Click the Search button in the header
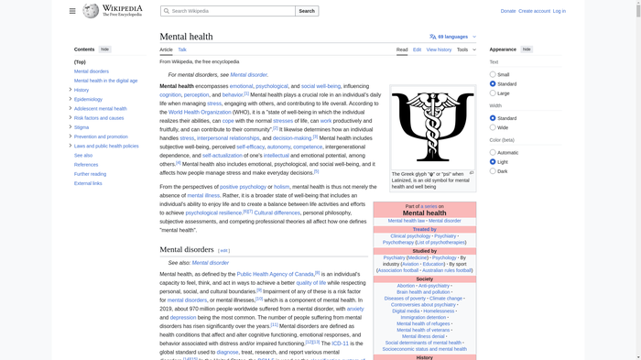tap(307, 11)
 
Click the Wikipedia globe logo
tap(91, 11)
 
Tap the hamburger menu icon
tap(72, 11)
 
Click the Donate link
tap(508, 11)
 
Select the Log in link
tap(559, 11)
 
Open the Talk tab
tap(182, 49)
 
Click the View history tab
tap(439, 49)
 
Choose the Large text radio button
tap(493, 93)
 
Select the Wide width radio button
tap(493, 127)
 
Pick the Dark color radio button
tap(493, 171)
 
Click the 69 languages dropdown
tap(453, 37)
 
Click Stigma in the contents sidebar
tap(81, 127)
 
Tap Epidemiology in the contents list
tap(88, 99)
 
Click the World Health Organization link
tap(200, 113)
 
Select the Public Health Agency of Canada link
tap(276, 274)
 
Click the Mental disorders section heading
tap(187, 249)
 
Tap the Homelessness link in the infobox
tap(438, 311)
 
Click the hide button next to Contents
tap(105, 49)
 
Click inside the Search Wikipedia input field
tap(229, 11)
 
